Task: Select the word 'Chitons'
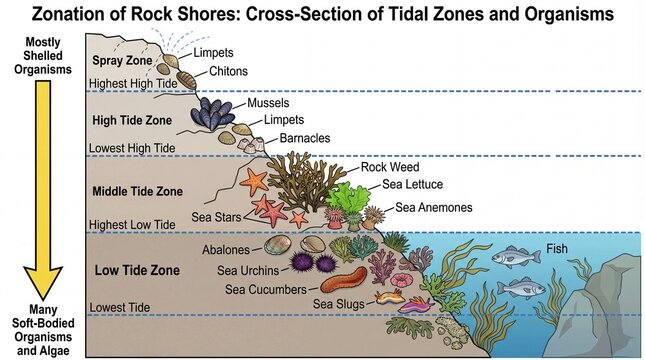(x=230, y=72)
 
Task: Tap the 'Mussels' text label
(x=267, y=102)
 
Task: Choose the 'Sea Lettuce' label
(x=412, y=184)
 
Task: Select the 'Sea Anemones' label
(x=434, y=208)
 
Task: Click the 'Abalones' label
(x=231, y=249)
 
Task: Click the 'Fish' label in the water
(x=558, y=248)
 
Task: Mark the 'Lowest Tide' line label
(x=121, y=306)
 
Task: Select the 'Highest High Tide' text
(x=133, y=84)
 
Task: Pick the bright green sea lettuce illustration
(x=350, y=198)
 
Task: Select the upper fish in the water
(x=518, y=258)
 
